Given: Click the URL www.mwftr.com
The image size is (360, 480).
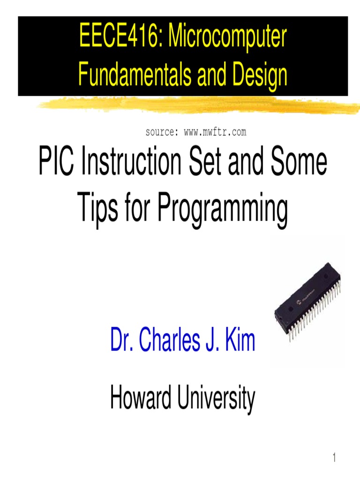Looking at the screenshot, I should (215, 133).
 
